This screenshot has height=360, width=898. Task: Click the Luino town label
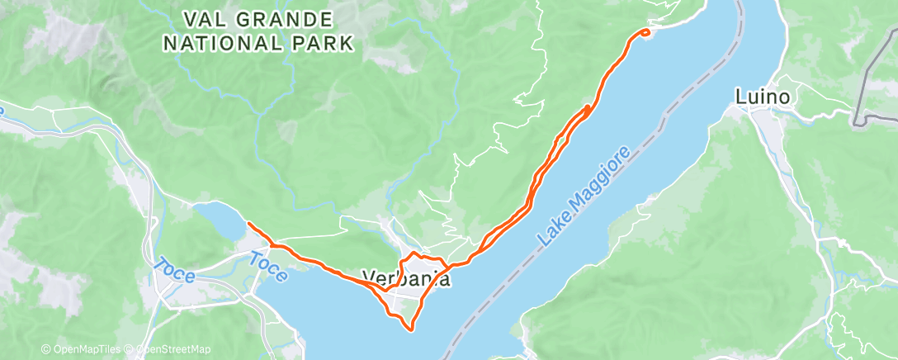pos(764,97)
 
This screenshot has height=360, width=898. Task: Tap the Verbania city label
pos(408,279)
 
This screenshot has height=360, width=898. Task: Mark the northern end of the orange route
pos(646,32)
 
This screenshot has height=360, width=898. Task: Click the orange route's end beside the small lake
pos(249,224)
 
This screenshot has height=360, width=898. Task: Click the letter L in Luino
pos(740,97)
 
